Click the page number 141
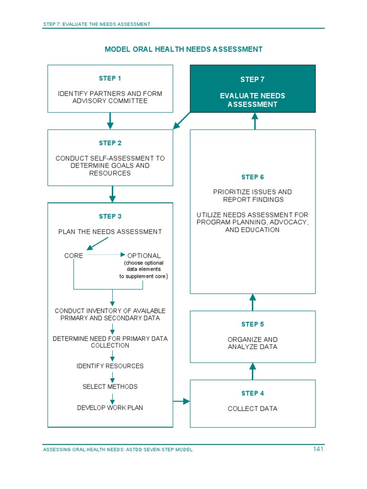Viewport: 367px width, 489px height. pos(318,449)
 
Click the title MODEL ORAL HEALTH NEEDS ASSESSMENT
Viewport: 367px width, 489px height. pos(183,49)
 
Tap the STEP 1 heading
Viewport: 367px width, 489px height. pos(110,78)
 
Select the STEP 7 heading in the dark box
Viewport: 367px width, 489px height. pos(252,80)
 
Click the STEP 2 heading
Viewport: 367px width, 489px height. pos(110,143)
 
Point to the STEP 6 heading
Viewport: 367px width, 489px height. pos(252,177)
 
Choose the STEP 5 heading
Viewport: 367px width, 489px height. pos(252,324)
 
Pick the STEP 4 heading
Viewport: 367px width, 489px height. pos(252,393)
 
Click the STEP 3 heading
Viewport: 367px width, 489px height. pos(110,216)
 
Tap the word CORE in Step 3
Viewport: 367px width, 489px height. pos(74,256)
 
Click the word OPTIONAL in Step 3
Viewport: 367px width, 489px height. pos(144,256)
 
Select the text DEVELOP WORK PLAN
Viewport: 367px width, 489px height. pos(110,408)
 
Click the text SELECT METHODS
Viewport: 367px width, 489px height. pos(110,387)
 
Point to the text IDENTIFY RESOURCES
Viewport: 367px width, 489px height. pos(110,366)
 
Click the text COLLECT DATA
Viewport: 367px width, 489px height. pos(252,409)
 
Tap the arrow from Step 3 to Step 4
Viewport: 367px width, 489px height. pos(181,401)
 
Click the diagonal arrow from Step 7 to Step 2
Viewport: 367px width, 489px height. pos(182,121)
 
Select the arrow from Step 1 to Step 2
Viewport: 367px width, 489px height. pos(110,121)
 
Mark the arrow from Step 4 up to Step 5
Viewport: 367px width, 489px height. pos(253,371)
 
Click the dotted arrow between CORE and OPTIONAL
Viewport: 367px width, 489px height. pos(105,255)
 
